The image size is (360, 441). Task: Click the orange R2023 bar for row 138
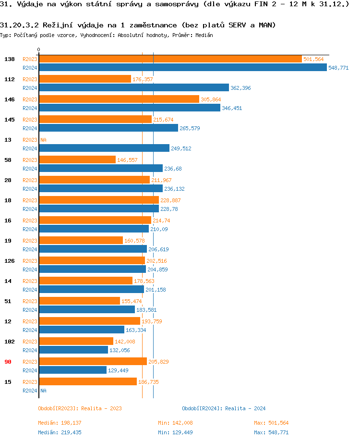pyautogui.click(x=170, y=59)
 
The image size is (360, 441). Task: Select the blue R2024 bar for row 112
pyautogui.click(x=134, y=87)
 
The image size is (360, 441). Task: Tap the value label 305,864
pyautogui.click(x=211, y=99)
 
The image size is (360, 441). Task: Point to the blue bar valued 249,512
pyautogui.click(x=104, y=148)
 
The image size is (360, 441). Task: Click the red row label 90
pyautogui.click(x=8, y=362)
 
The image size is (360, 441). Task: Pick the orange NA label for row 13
pyautogui.click(x=43, y=140)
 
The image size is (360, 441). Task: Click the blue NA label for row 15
pyautogui.click(x=43, y=391)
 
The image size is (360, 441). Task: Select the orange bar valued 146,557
pyautogui.click(x=77, y=159)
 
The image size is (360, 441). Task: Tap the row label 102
pyautogui.click(x=9, y=342)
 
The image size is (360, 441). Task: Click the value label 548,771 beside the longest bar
pyautogui.click(x=338, y=68)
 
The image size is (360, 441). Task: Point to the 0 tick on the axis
pyautogui.click(x=39, y=49)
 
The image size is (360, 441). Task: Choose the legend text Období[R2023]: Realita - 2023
pyautogui.click(x=80, y=408)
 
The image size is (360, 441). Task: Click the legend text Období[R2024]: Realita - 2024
pyautogui.click(x=224, y=408)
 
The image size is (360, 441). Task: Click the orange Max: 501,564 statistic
pyautogui.click(x=271, y=423)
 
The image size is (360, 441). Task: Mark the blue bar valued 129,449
pyautogui.click(x=72, y=370)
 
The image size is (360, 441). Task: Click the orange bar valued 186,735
pyautogui.click(x=88, y=381)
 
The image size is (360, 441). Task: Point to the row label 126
pyautogui.click(x=9, y=261)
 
